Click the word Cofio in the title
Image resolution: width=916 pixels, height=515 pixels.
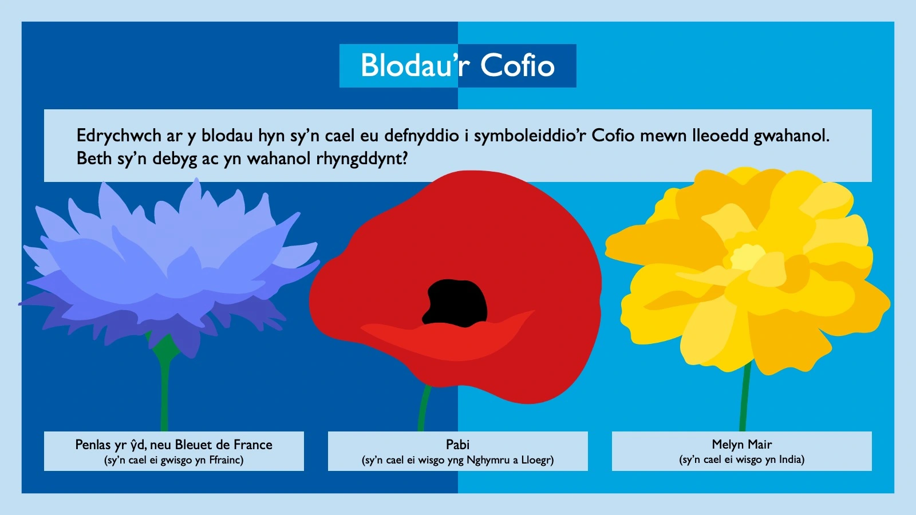(x=518, y=66)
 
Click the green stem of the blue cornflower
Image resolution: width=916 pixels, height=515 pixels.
(x=165, y=395)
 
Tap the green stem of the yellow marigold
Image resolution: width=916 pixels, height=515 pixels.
(x=744, y=401)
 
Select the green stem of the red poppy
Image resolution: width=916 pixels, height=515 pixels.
(x=424, y=409)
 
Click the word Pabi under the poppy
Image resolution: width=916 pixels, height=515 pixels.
(x=457, y=445)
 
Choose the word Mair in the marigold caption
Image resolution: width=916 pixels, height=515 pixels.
(x=759, y=445)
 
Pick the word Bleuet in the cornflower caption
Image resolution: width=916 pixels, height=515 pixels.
(x=197, y=445)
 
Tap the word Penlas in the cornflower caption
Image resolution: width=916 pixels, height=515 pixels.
(x=93, y=445)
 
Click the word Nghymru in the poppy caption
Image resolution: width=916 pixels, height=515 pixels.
(x=488, y=460)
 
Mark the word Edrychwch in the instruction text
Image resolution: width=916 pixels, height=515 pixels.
(x=119, y=136)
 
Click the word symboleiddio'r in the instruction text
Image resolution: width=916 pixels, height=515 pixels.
(x=530, y=136)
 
